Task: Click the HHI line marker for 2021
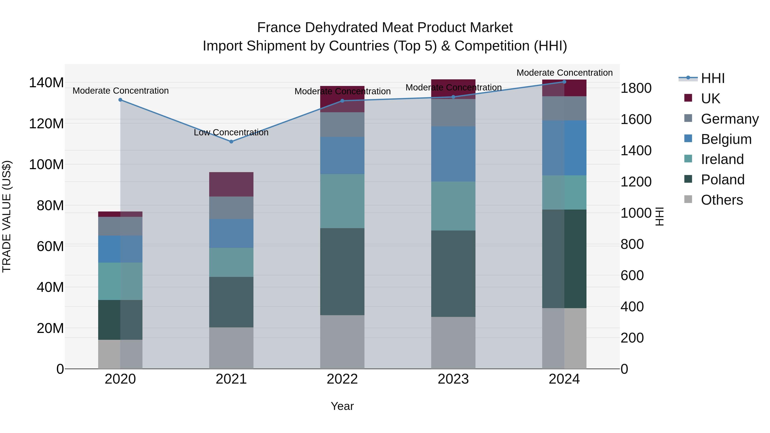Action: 231,142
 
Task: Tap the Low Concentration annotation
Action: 231,132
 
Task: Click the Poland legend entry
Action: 723,180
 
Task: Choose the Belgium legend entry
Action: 726,139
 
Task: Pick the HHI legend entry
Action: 713,78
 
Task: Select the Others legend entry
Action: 722,200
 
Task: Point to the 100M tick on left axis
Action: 46,165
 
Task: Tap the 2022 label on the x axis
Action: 342,379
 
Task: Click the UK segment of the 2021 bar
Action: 231,184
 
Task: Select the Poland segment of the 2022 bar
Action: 342,271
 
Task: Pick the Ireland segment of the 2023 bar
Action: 453,206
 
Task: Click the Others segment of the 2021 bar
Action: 231,348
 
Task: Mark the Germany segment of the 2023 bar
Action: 453,113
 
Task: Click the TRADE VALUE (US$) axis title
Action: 7,216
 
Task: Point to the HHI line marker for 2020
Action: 120,100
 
